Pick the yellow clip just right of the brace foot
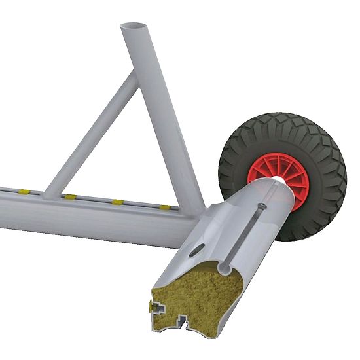(69, 196)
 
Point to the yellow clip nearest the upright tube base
(166, 207)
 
